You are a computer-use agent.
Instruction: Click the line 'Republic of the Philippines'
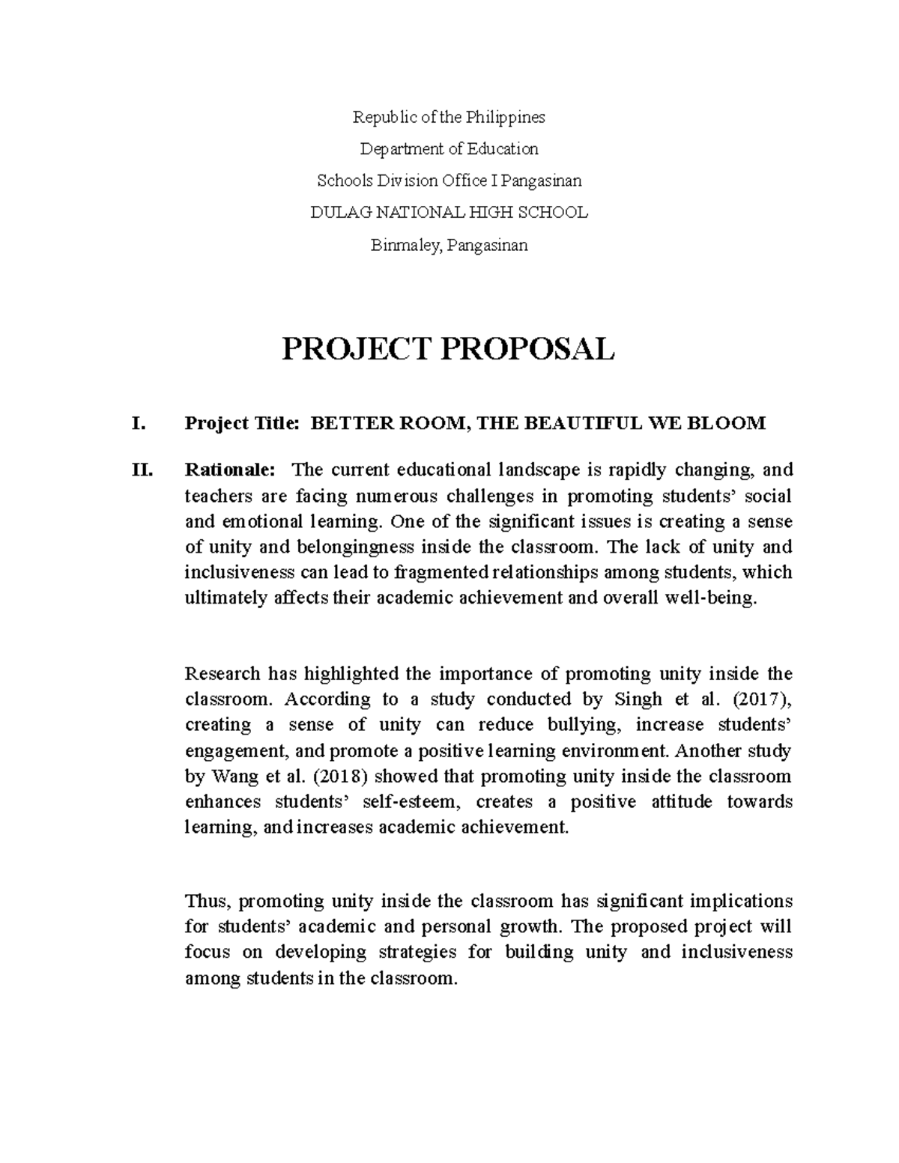click(449, 117)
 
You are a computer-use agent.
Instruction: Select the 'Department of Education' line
click(449, 149)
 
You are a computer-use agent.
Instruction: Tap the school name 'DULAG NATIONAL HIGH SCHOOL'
click(449, 213)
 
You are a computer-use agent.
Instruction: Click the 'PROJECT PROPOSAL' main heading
click(448, 349)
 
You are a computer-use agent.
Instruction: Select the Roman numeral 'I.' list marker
click(137, 424)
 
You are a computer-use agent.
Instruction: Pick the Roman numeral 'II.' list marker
click(142, 470)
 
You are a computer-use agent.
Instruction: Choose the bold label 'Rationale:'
click(230, 470)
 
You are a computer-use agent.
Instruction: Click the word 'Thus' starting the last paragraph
click(202, 901)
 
